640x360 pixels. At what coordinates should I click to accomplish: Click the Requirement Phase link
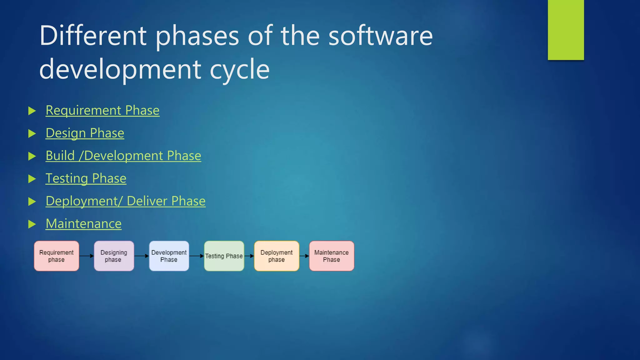point(102,111)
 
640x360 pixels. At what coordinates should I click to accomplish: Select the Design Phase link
point(85,133)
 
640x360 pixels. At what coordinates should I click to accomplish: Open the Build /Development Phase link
point(123,156)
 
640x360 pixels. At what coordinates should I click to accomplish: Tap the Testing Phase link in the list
point(86,179)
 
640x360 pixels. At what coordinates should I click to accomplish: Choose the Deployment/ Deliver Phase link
point(125,201)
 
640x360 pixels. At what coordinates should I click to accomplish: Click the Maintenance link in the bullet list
point(83,224)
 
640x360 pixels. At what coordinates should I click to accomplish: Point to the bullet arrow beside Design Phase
point(32,134)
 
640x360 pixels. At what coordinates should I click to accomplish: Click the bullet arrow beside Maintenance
point(32,224)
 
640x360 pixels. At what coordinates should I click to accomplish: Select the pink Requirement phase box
point(57,256)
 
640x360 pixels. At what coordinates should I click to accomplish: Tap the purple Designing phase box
point(114,256)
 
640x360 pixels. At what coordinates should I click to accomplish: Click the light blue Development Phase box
point(169,256)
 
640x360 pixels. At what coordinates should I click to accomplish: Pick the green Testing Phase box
point(224,256)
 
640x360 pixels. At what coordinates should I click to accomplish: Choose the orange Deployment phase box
point(277,256)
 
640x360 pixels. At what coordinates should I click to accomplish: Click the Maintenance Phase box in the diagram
point(332,256)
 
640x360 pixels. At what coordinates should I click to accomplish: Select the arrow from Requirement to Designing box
point(87,256)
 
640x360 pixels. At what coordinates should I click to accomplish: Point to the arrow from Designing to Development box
point(142,256)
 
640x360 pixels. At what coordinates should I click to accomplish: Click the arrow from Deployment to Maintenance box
point(304,256)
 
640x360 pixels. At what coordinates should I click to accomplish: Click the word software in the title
point(380,36)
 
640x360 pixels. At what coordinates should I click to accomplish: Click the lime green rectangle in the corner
point(566,30)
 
